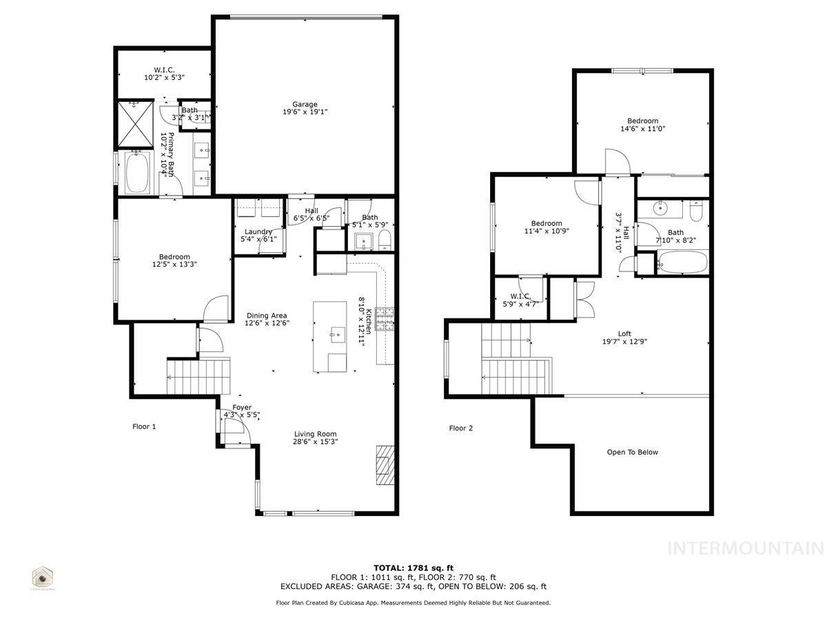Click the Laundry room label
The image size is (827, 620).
(258, 231)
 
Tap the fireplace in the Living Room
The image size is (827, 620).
(384, 466)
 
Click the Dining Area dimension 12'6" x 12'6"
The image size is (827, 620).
(267, 322)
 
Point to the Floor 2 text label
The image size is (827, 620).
(461, 428)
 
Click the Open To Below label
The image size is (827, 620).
(632, 453)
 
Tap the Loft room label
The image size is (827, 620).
(624, 334)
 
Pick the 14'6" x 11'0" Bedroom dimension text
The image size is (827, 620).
(642, 128)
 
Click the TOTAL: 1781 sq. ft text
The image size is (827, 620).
(413, 568)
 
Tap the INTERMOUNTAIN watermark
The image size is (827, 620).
(746, 548)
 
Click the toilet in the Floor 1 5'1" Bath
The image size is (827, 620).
(385, 240)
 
